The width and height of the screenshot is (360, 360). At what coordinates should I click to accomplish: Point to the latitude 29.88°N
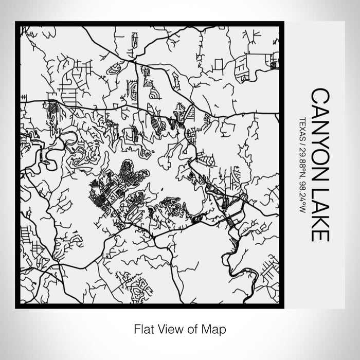302,161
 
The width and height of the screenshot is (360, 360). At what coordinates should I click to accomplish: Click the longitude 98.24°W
302,197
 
